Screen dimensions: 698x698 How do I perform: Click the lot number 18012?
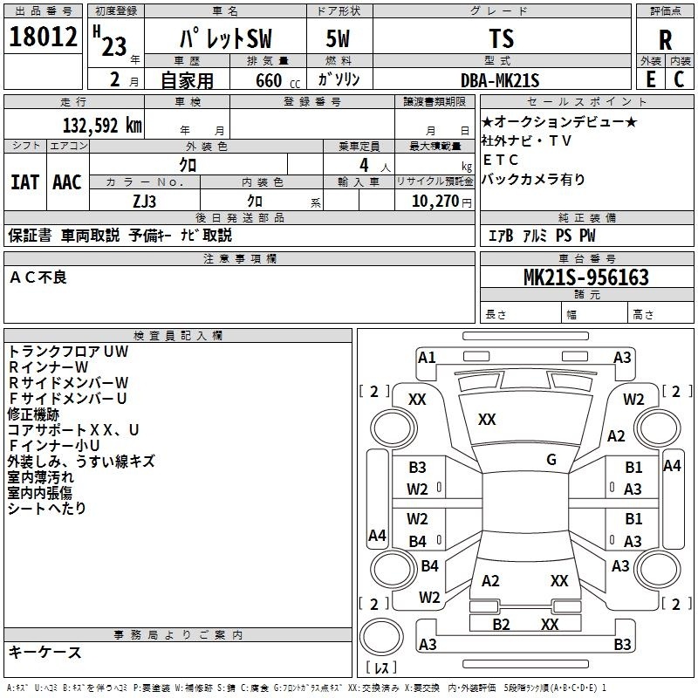tap(43, 37)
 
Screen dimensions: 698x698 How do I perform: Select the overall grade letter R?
tap(665, 40)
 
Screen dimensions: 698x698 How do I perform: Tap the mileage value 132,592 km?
tap(102, 126)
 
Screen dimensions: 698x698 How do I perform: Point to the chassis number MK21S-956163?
tap(586, 277)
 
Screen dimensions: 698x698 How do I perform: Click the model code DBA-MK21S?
tap(500, 80)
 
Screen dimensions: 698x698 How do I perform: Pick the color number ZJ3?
tap(144, 202)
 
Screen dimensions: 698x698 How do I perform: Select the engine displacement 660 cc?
tap(277, 80)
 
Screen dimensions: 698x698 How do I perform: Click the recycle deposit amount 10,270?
tap(435, 202)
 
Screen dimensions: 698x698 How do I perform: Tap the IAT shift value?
tap(25, 182)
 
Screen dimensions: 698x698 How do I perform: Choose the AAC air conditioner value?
tap(67, 182)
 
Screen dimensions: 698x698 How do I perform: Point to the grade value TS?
tap(501, 38)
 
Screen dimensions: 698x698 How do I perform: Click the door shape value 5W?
tap(338, 38)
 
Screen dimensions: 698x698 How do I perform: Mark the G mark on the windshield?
tap(551, 460)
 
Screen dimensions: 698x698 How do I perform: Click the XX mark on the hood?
tap(487, 419)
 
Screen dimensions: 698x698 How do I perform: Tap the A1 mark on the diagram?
tap(427, 358)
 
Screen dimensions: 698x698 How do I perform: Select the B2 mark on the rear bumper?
tap(501, 624)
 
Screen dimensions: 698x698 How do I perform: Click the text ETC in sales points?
tap(500, 160)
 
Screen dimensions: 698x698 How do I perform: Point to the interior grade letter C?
tap(679, 79)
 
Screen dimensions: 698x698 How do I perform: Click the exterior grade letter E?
tap(650, 79)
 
